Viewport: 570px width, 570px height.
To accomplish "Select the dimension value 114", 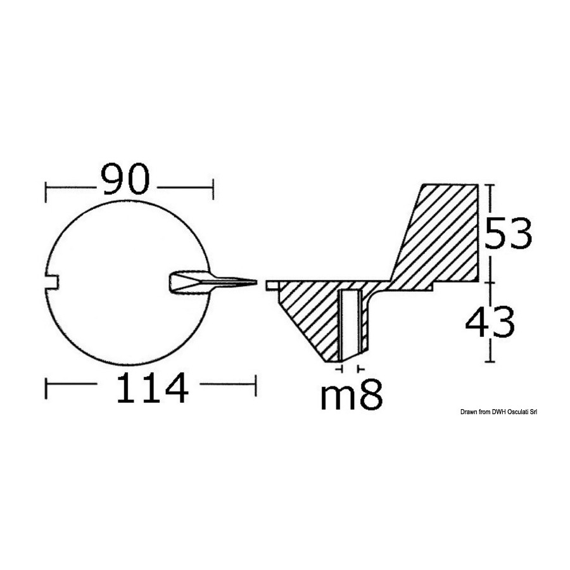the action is (152, 388).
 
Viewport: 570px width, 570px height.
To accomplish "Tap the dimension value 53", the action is (508, 233).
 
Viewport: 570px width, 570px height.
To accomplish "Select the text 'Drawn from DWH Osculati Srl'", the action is (499, 412).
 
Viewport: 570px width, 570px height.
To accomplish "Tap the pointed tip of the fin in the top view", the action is (256, 282).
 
